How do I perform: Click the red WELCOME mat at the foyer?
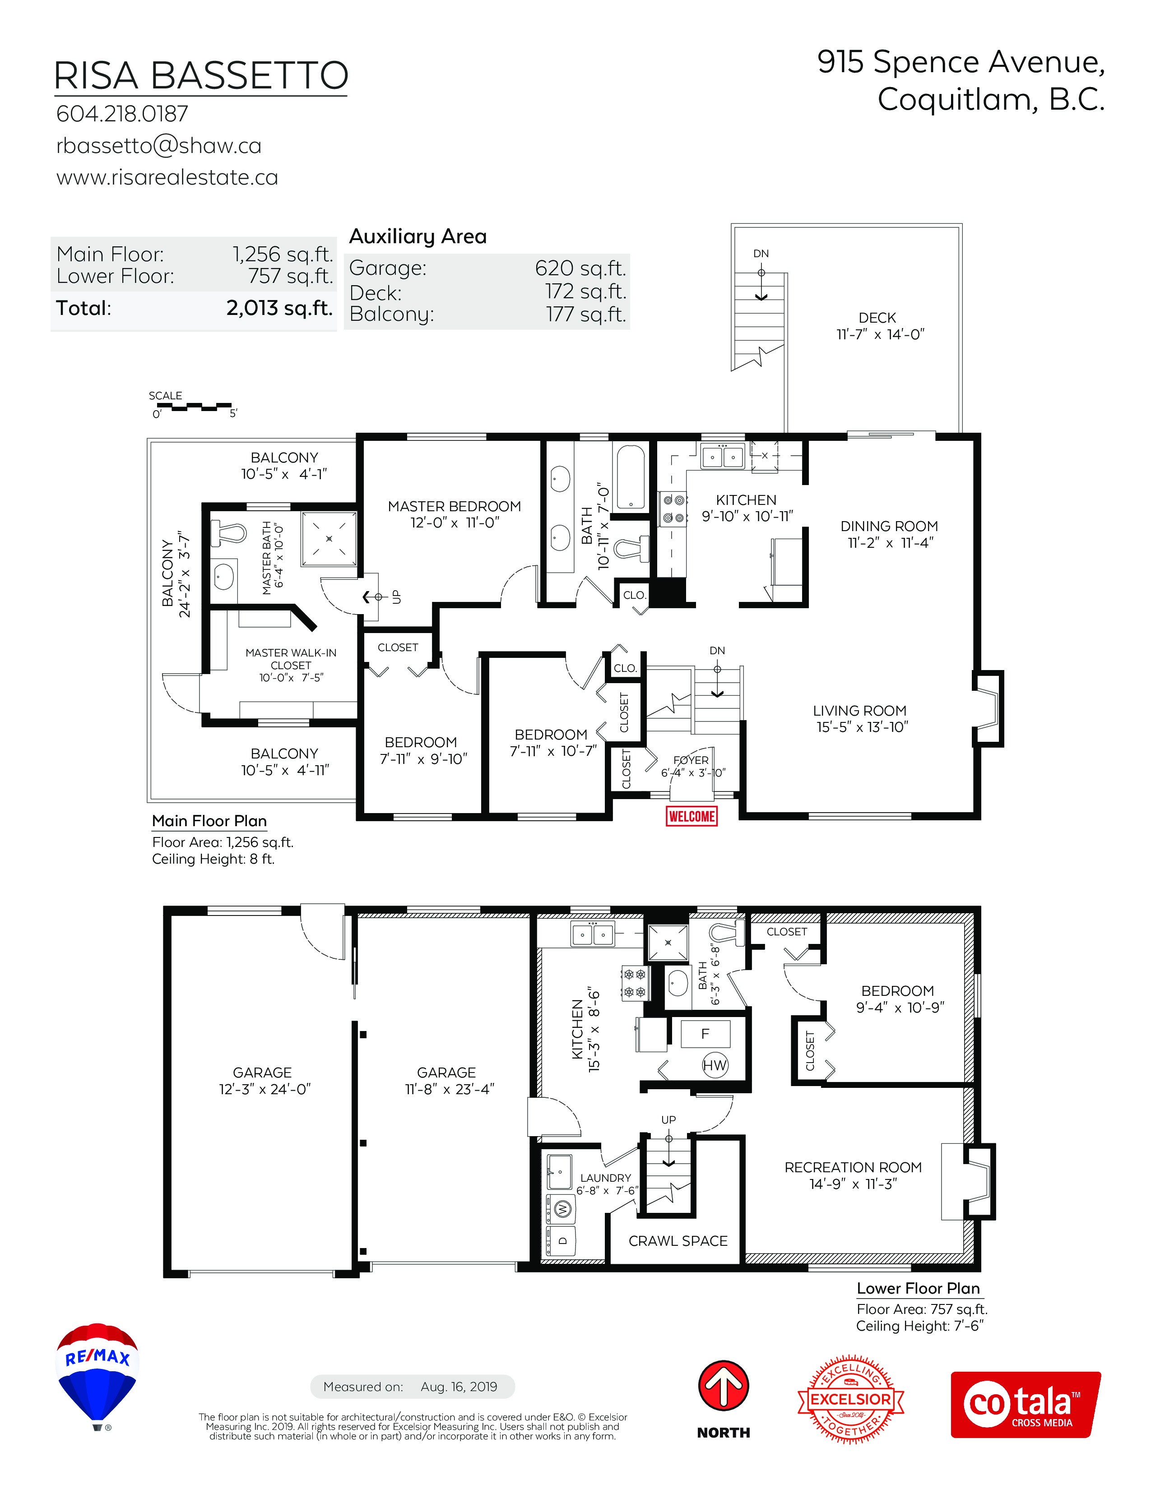692,816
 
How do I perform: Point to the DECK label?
877,318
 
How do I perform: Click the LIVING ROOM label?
860,710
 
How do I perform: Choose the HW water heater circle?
715,1065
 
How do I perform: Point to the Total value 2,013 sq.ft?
279,308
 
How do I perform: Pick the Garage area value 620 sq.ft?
580,268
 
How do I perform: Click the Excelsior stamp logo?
851,1398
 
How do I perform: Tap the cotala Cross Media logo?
1026,1405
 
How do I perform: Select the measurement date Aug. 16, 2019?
459,1386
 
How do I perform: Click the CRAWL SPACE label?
678,1241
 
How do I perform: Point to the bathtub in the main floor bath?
630,477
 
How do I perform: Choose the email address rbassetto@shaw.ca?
159,146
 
